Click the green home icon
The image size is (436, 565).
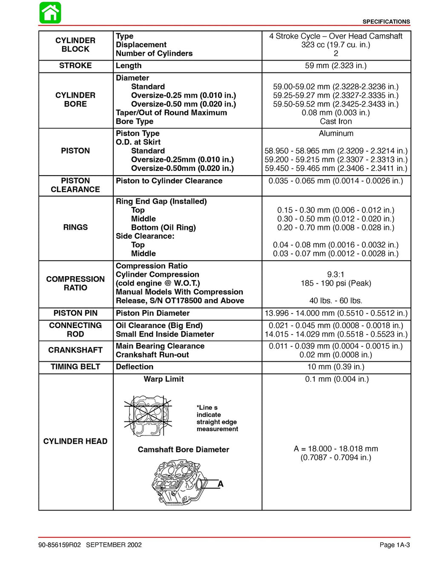(50, 13)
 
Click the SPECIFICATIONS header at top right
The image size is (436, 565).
(386, 22)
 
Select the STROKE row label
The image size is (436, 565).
(75, 66)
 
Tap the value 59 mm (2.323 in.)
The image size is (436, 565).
(336, 66)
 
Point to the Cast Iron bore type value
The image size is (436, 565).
(336, 121)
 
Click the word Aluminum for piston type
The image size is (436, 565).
(336, 133)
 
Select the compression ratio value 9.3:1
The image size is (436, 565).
(336, 274)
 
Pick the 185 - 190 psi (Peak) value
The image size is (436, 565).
(336, 283)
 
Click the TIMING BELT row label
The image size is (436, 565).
(75, 367)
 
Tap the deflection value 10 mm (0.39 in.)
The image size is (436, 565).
(336, 367)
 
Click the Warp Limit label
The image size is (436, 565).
(163, 379)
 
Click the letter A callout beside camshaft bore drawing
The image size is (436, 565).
(221, 484)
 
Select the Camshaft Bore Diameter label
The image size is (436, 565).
(183, 450)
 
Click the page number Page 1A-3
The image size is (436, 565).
(394, 545)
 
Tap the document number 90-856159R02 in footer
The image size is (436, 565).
(59, 545)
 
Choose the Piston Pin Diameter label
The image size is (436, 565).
(152, 313)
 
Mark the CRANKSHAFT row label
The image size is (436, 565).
(75, 350)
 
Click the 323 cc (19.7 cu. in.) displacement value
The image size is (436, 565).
(336, 45)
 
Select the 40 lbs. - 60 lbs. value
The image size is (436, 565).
(336, 301)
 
